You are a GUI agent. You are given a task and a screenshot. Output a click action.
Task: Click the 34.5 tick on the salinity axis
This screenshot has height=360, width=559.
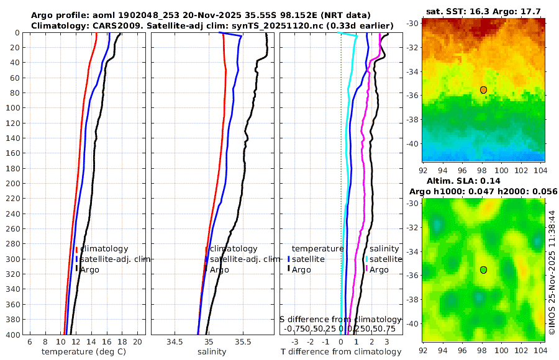click(175, 342)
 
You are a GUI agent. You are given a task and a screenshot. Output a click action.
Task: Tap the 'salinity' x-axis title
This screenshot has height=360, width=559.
click(211, 352)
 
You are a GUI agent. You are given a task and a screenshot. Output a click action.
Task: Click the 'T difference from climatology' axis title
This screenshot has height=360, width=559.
click(341, 352)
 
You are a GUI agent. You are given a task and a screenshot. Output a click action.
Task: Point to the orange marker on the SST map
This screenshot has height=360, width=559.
click(483, 90)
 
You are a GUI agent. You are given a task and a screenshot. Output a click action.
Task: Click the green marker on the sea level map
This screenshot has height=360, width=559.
click(483, 269)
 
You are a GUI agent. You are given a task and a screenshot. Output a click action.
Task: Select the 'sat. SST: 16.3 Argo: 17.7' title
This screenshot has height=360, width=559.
click(483, 11)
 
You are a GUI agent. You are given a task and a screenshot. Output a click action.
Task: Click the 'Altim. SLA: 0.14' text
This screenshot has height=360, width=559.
click(460, 180)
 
